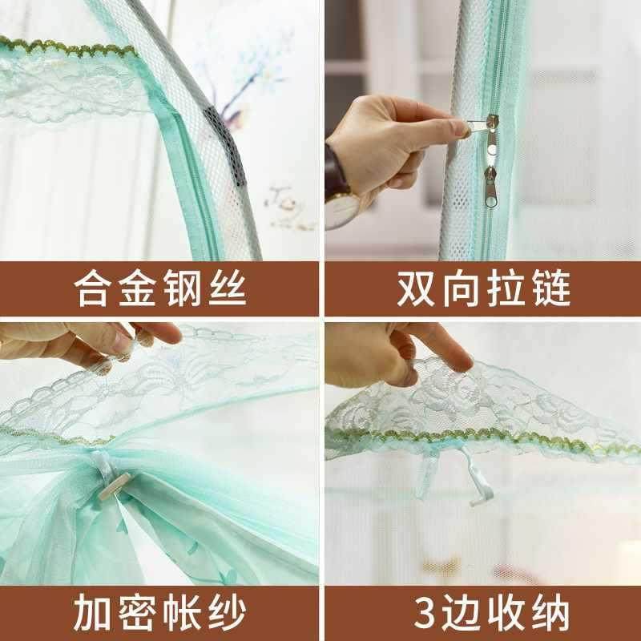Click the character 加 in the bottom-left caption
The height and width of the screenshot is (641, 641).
point(92,611)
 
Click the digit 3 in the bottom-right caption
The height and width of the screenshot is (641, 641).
point(419,611)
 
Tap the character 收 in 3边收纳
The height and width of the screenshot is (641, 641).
point(507,611)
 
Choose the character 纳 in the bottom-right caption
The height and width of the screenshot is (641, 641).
point(553,611)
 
